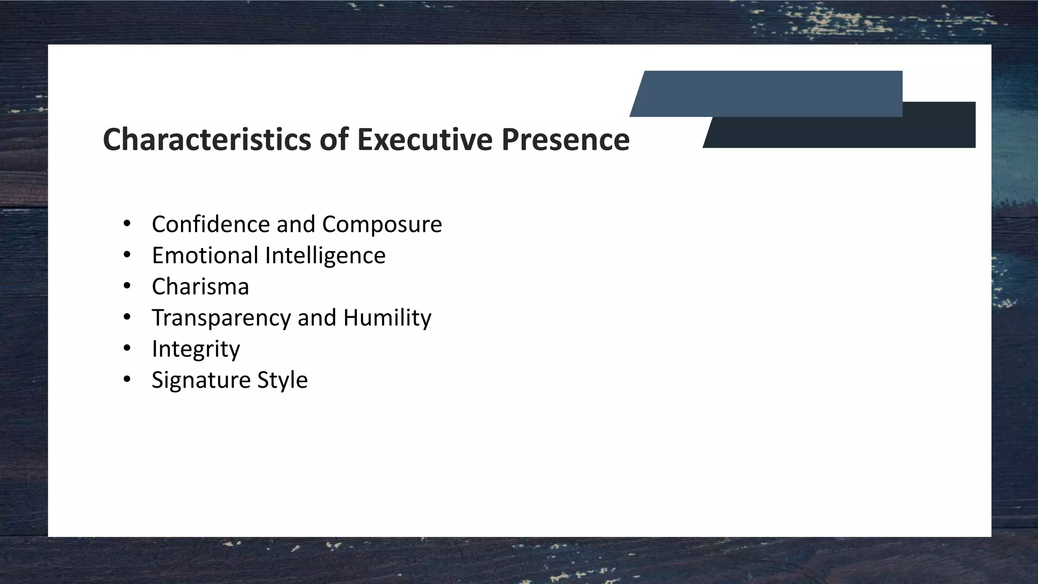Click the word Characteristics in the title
207,139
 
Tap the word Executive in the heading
425,139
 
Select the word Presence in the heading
566,139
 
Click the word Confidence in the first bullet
210,224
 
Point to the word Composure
382,225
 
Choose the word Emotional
205,255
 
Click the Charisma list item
200,286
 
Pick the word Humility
387,318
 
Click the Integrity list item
196,349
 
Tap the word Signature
201,380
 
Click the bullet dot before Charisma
127,286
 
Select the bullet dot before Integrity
127,348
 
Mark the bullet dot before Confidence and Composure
127,224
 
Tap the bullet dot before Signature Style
127,380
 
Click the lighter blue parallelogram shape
765,93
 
